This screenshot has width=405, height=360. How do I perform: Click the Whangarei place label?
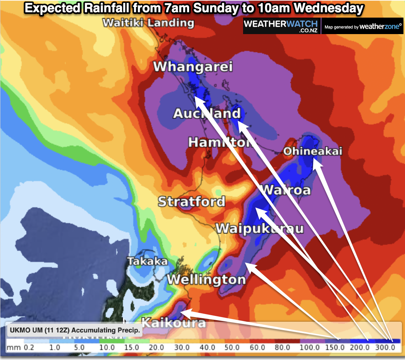coord(193,67)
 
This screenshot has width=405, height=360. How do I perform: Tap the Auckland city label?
coord(207,113)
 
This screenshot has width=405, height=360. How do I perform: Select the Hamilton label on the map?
coord(220,142)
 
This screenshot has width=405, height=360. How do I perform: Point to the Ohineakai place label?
coord(312,152)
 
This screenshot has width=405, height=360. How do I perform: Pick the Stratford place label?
coord(191,201)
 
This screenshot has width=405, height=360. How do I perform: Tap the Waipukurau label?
coord(260,229)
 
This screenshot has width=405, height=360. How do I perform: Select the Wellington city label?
coord(206,279)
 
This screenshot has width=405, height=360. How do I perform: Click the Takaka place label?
coord(147,262)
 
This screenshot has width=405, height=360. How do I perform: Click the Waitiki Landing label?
coord(148,23)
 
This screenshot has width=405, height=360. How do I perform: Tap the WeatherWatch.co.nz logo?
coord(281,26)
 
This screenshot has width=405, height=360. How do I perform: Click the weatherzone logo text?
coord(381,26)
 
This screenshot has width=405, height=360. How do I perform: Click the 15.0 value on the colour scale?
coord(132,348)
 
